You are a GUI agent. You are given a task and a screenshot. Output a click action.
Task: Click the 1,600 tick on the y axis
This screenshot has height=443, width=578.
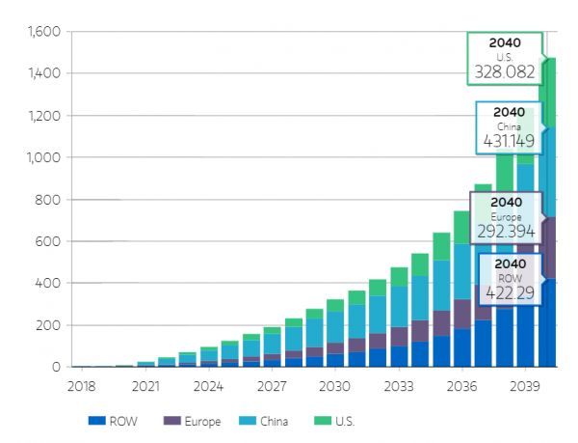(44, 32)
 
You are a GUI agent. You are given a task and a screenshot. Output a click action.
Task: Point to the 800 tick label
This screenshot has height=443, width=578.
(49, 200)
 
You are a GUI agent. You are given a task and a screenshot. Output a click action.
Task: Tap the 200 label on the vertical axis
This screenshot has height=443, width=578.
(49, 325)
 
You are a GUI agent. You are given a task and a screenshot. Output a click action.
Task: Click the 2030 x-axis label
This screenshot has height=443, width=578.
(335, 386)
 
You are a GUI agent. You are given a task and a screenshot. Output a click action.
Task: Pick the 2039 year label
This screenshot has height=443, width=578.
(525, 386)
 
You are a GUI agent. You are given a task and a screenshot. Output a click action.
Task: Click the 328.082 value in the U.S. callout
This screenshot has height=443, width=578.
(505, 71)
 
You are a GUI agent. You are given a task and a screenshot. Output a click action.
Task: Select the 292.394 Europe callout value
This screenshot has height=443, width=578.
(507, 232)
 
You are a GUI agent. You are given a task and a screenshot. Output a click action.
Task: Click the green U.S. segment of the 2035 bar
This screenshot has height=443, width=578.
(441, 247)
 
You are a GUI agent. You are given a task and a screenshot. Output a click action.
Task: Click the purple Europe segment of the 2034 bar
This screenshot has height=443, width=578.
(420, 331)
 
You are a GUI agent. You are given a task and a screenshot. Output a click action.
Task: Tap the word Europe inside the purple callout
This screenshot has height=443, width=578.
(507, 217)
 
